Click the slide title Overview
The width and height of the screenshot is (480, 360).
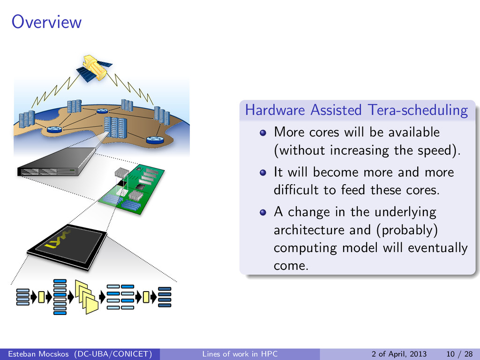[x=46, y=22]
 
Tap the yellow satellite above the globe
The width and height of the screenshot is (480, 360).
[x=95, y=68]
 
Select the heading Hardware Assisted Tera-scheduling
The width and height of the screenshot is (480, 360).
[x=357, y=110]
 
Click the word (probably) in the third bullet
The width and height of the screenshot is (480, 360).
[x=407, y=230]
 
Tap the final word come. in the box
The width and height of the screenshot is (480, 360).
[x=291, y=265]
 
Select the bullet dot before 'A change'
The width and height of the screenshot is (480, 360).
[x=262, y=212]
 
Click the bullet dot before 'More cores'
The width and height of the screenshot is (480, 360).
[x=262, y=133]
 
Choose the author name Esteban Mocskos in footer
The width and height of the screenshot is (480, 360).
[x=38, y=354]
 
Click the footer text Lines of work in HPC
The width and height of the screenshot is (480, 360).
[x=240, y=354]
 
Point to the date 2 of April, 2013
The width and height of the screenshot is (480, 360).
[x=399, y=354]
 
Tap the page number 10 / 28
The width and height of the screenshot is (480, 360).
[x=459, y=354]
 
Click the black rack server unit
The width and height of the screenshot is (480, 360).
[x=57, y=162]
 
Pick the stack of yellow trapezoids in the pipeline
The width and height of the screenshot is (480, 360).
[x=87, y=297]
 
